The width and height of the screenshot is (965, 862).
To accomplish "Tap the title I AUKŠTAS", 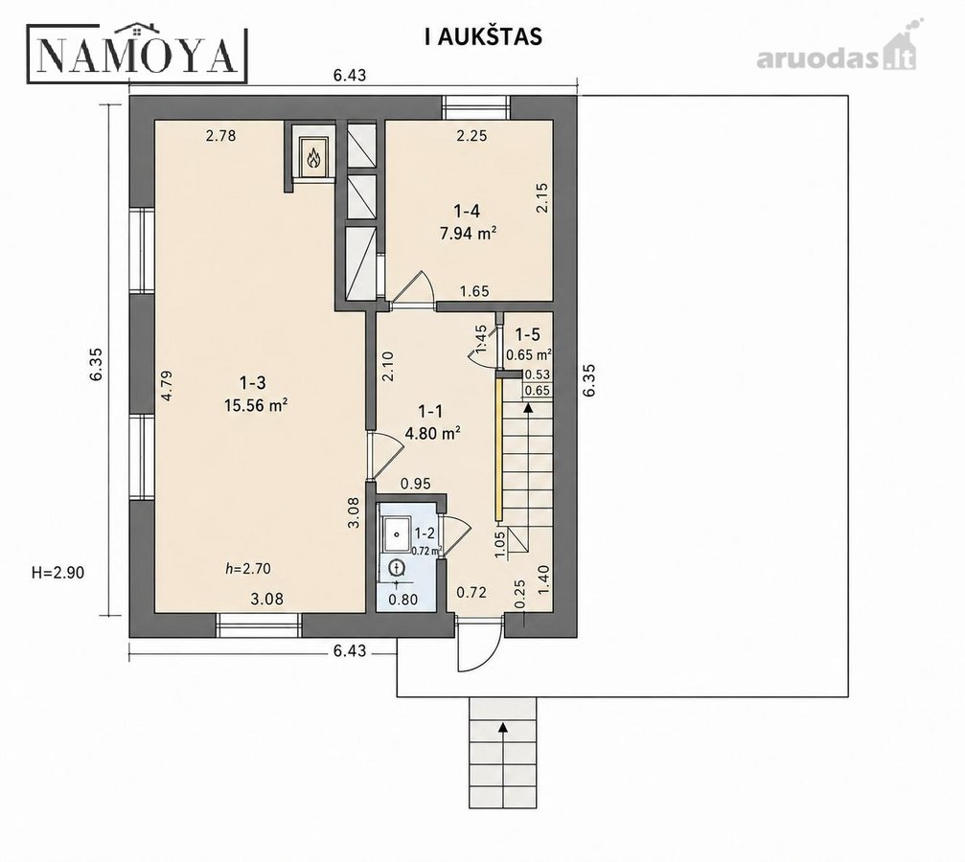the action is tap(483, 37).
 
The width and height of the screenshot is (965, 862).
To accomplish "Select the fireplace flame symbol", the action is tap(314, 157).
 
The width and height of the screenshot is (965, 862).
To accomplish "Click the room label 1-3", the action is tap(253, 383).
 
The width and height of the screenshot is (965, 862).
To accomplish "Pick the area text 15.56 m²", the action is tap(256, 405).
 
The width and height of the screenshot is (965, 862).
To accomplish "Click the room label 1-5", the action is tap(527, 334).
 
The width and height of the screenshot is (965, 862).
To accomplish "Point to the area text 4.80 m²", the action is tap(432, 433).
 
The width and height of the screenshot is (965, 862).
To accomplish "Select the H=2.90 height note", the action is tap(57, 573).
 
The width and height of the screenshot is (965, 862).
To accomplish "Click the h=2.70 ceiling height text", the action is tap(248, 569).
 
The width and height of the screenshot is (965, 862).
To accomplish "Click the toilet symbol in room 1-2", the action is tap(398, 567).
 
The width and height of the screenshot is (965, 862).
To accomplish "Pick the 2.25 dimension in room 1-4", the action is tap(472, 137).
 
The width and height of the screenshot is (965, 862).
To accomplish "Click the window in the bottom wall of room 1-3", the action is tap(259, 624).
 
